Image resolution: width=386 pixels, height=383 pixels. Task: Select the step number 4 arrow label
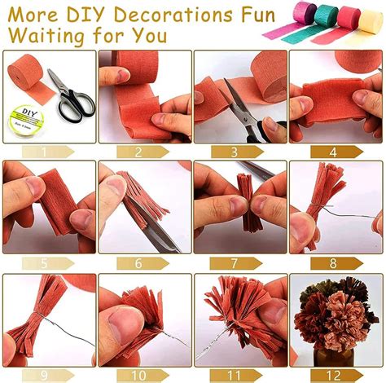pos(336,152)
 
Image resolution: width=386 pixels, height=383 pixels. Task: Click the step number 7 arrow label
pos(235,263)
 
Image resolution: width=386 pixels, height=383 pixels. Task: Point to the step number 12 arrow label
pos(336,376)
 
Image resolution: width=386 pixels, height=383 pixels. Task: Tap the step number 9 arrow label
pos(48,376)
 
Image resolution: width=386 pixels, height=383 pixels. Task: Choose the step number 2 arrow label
pos(143,152)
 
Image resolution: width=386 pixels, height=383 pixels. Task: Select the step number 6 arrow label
pos(143,263)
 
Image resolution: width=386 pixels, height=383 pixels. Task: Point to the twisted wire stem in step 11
pos(213,343)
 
